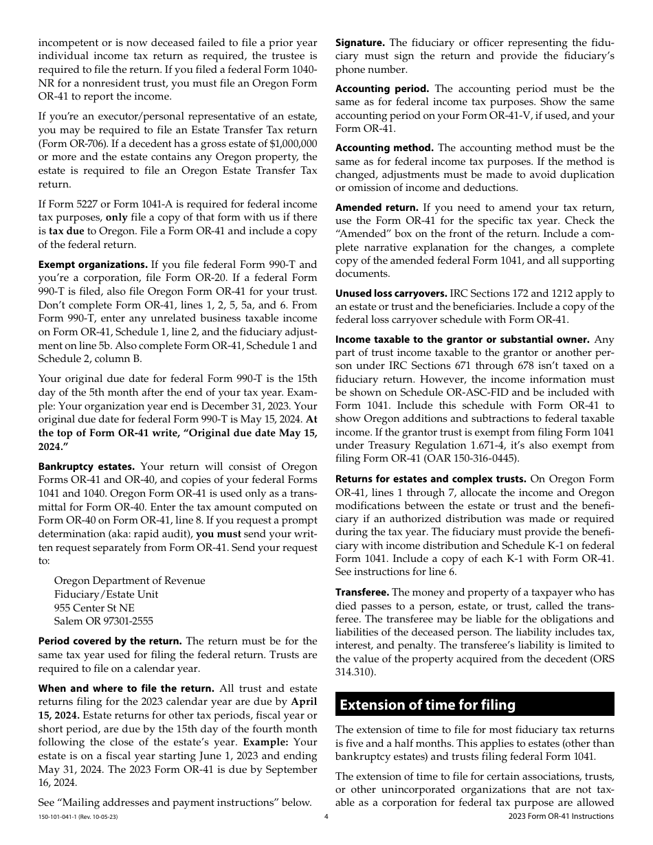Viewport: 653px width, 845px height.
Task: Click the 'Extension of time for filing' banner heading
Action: (428, 704)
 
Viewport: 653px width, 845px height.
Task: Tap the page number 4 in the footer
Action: (326, 816)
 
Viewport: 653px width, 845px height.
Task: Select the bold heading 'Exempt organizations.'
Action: (93, 264)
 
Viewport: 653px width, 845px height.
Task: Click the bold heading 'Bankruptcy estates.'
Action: (87, 466)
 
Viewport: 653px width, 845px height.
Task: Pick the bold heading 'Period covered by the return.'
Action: (110, 641)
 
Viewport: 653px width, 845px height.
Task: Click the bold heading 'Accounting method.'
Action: (384, 148)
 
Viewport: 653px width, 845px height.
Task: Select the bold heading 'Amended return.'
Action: (377, 207)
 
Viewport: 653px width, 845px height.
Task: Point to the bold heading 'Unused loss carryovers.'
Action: (391, 293)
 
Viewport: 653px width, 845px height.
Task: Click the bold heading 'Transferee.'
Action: (362, 592)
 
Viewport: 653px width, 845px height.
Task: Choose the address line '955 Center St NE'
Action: (94, 608)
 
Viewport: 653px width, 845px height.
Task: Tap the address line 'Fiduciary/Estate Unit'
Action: (106, 594)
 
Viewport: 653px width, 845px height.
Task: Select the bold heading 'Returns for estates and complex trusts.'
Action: (431, 479)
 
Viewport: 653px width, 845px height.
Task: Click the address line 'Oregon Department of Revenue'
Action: (129, 581)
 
